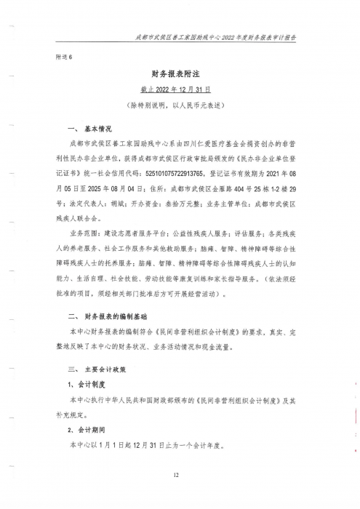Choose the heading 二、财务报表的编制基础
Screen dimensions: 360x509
pyautogui.click(x=106, y=317)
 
